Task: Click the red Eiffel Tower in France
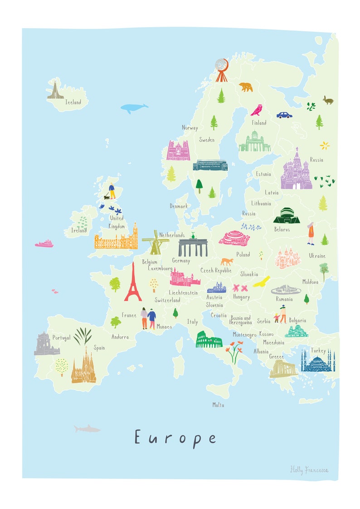pos(133,283)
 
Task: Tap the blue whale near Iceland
pos(134,108)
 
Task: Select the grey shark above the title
pos(87,428)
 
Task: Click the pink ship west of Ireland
pos(44,244)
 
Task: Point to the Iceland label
pos(73,102)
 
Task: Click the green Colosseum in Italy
pos(209,339)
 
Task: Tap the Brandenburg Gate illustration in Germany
pos(193,246)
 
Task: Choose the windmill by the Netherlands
pos(155,242)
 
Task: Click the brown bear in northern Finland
pos(246,87)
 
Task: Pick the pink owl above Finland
pos(257,110)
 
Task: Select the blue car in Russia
pos(284,115)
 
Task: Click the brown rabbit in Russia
pos(328,100)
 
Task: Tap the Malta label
pos(218,405)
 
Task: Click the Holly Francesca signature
pos(309,470)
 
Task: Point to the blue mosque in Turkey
pos(317,361)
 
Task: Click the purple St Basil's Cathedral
pos(296,170)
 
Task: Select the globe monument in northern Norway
pos(221,69)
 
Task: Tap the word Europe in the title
pos(175,437)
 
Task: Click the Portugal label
pos(61,338)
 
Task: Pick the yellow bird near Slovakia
pos(262,282)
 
